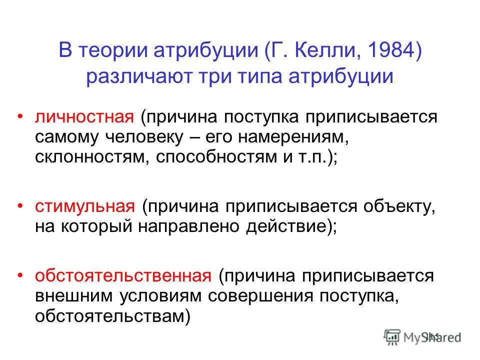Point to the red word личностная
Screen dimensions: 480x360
[x=84, y=117]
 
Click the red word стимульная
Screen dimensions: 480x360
[x=85, y=207]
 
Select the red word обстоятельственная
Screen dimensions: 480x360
[x=123, y=275]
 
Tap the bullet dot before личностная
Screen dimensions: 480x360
[x=20, y=116]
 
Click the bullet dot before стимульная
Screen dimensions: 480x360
[x=20, y=206]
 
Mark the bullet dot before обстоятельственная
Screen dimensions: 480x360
[x=20, y=275]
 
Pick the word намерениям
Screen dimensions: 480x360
[x=293, y=137]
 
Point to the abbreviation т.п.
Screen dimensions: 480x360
[x=310, y=157]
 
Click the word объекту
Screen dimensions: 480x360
[x=399, y=207]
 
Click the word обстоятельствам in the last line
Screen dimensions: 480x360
[x=109, y=316]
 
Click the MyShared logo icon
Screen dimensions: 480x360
[x=392, y=337]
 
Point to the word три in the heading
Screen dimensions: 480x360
[x=215, y=77]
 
